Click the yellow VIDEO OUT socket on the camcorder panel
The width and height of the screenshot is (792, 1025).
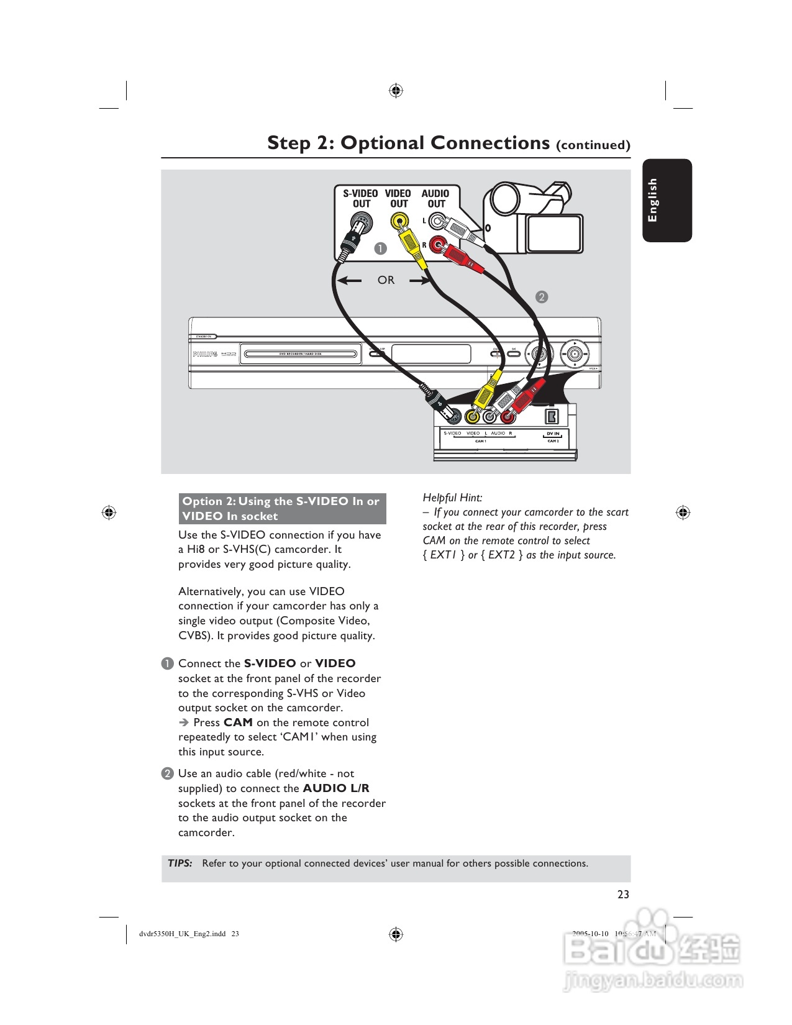[399, 221]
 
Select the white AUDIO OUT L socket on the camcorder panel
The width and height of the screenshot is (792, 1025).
[437, 221]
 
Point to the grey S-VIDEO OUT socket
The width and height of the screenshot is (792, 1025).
[360, 221]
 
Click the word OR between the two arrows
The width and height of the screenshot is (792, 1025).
[386, 280]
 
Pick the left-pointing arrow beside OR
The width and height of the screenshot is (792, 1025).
[349, 280]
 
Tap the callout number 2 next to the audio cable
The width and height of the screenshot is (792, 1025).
[542, 297]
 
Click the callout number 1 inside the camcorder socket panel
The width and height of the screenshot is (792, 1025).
[380, 248]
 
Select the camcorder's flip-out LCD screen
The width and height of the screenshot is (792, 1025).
[555, 234]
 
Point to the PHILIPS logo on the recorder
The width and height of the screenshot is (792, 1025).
[205, 354]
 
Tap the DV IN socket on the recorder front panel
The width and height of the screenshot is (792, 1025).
[552, 417]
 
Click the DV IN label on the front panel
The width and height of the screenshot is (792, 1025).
[553, 434]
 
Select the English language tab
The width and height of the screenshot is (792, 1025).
[667, 200]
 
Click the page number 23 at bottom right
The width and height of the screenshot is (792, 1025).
[623, 895]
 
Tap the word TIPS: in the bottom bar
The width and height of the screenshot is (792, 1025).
[180, 863]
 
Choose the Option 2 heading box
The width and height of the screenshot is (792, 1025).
[282, 509]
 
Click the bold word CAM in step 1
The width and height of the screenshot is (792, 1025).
[238, 722]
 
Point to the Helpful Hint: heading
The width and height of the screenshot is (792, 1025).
[452, 498]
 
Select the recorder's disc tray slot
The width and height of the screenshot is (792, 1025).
[301, 354]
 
